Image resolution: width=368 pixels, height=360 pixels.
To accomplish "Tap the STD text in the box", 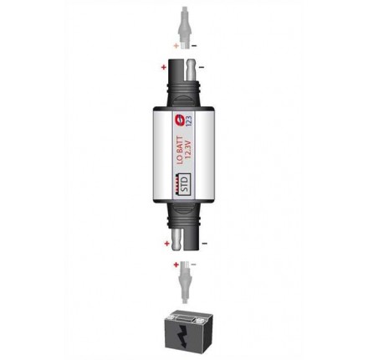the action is [x=185, y=183].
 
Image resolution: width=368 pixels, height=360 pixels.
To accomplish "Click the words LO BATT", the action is [x=181, y=150].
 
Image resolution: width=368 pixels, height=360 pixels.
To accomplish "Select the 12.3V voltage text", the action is [x=188, y=153].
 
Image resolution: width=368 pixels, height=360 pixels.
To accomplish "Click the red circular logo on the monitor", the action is [x=179, y=120].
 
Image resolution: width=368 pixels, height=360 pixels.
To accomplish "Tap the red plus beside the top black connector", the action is [x=164, y=67].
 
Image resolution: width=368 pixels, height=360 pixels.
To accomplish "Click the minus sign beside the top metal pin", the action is [x=202, y=67].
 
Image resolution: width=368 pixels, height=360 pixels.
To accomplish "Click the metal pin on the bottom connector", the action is [x=176, y=238].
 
